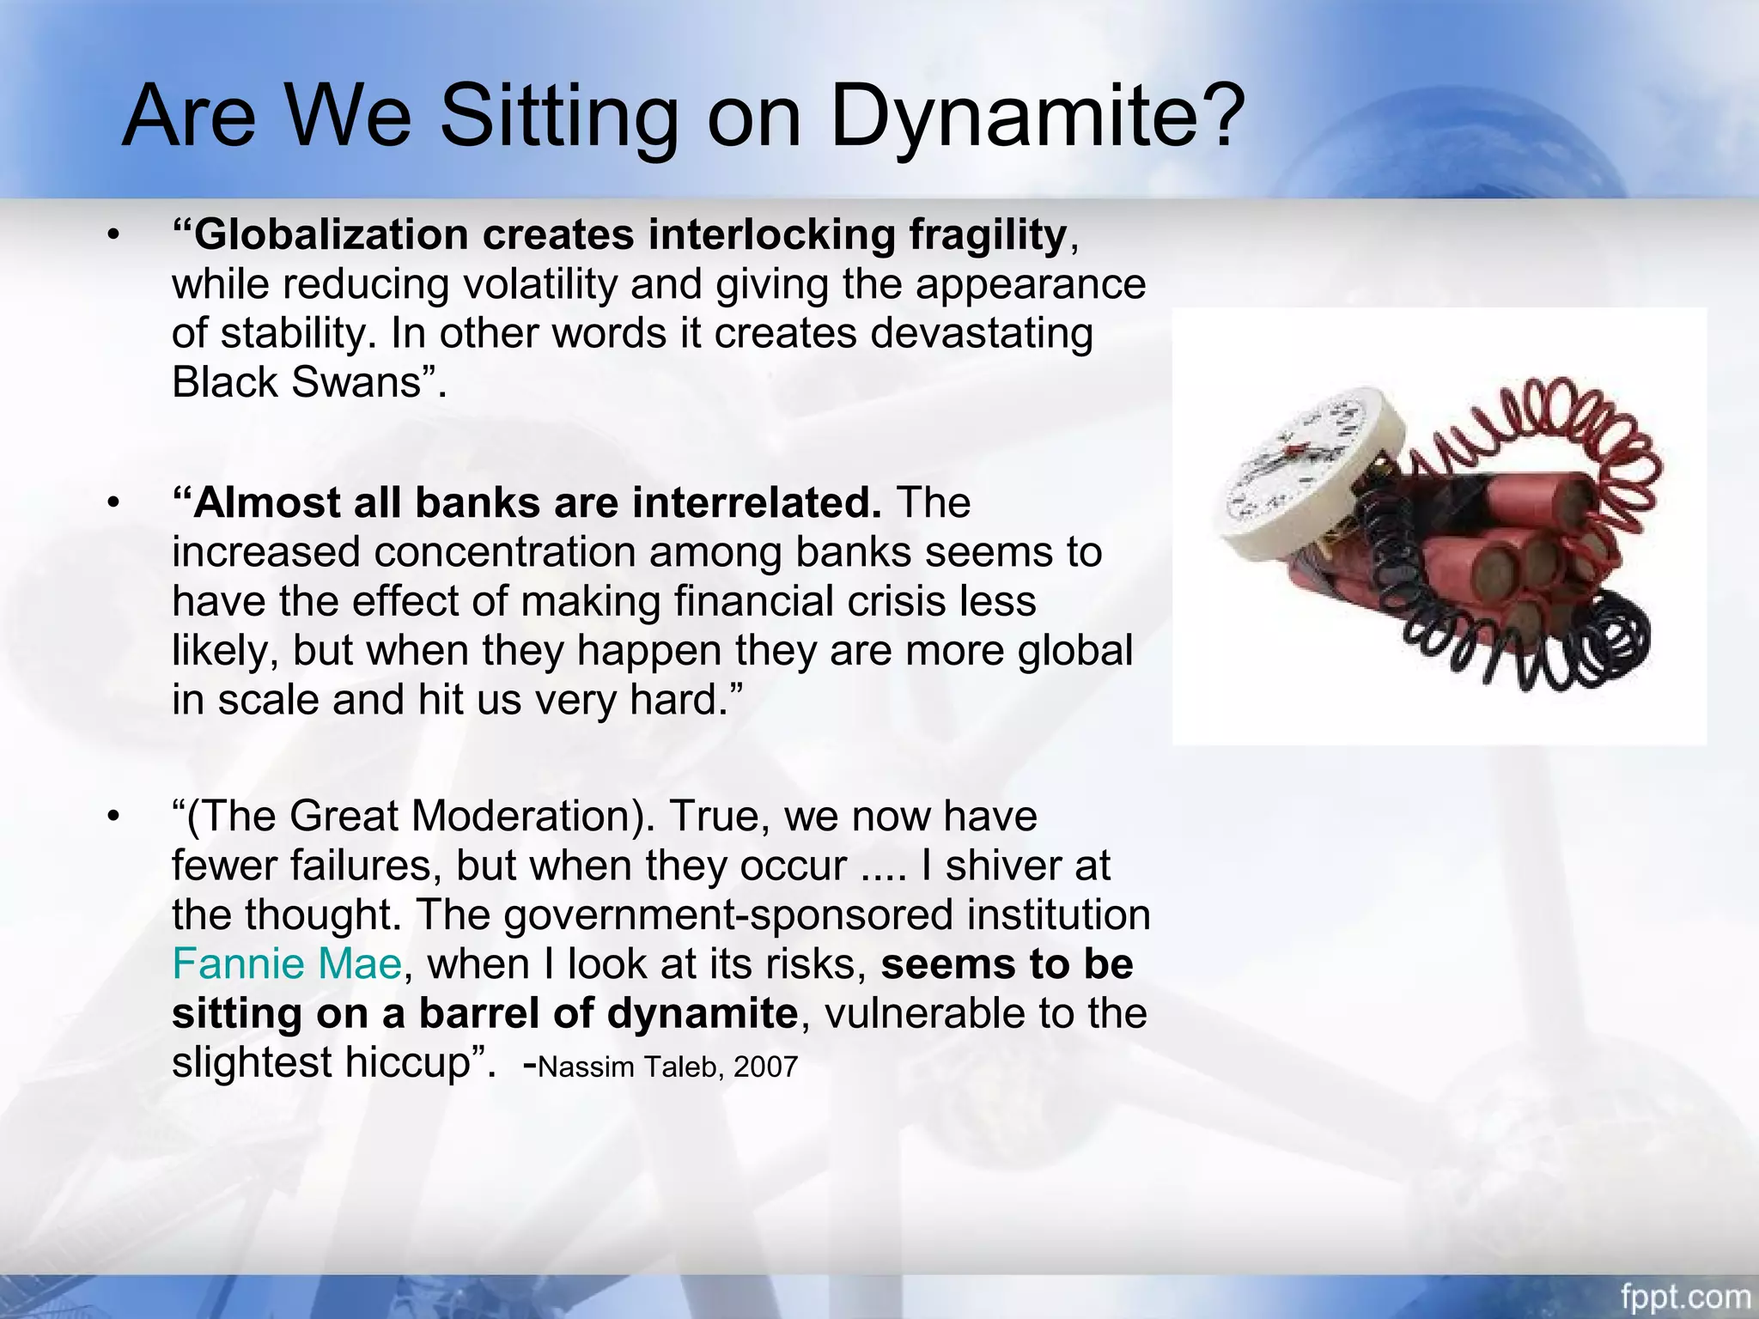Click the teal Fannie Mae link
point(286,964)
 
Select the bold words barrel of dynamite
point(608,1014)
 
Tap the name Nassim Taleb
point(630,1067)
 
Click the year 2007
point(766,1067)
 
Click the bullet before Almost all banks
point(113,503)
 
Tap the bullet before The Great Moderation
point(113,817)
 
